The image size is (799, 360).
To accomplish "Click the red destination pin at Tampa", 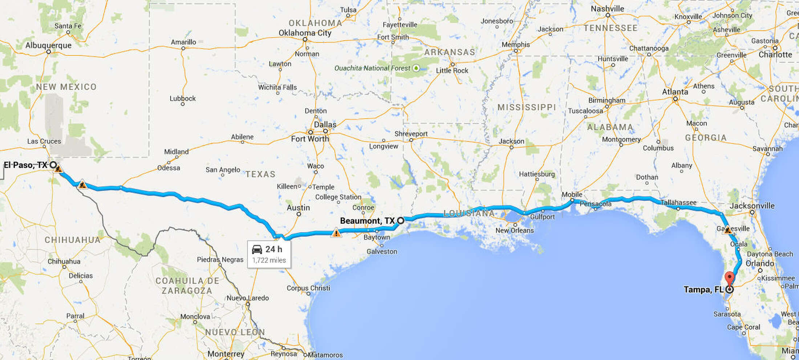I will click(729, 278).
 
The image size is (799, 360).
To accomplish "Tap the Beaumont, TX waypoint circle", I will click(401, 221).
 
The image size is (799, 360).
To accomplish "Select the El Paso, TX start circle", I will click(53, 165).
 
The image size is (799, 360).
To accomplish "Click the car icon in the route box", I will click(257, 249).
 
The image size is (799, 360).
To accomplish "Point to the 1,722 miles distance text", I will click(269, 260).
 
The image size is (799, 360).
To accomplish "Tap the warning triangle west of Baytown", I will click(336, 232).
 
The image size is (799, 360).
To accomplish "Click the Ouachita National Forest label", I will click(373, 68).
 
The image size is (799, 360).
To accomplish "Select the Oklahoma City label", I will click(305, 33).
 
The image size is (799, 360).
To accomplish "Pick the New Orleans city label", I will click(515, 230).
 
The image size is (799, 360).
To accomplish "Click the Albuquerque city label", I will click(48, 45).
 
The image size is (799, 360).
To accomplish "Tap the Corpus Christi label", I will click(308, 288).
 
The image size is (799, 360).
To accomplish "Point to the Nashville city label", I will click(607, 8).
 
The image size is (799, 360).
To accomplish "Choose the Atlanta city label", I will click(675, 92).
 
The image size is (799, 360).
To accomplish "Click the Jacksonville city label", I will click(752, 206).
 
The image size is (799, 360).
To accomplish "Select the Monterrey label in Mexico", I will click(226, 353).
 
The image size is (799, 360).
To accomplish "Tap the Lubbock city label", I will click(183, 98).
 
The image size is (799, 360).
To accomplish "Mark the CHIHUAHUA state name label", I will click(72, 240).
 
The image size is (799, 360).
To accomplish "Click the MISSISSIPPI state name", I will click(527, 107).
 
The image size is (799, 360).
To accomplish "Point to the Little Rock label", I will click(452, 70).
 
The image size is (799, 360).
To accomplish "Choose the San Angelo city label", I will click(223, 170).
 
